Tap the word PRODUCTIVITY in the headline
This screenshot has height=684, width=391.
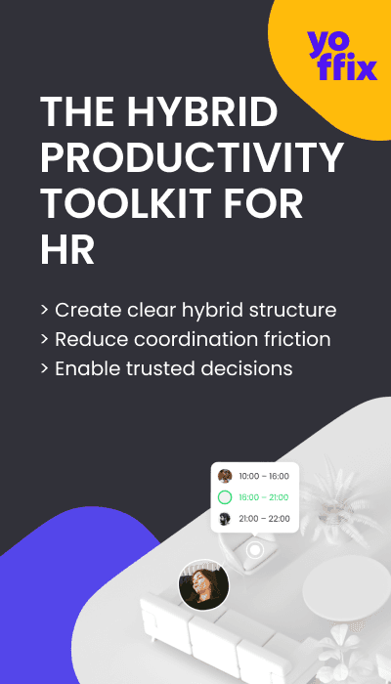192,159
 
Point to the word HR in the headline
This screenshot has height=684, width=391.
67,251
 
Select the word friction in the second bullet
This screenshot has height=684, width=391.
296,339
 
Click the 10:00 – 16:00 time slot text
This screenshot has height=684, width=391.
263,477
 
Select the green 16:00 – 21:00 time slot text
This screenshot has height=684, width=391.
263,497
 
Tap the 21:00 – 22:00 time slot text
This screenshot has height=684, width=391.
263,519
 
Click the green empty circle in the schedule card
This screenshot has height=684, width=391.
225,497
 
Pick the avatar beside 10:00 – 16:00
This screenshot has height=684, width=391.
225,477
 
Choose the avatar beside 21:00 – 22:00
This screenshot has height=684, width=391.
225,519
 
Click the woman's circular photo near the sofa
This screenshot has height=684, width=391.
203,585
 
